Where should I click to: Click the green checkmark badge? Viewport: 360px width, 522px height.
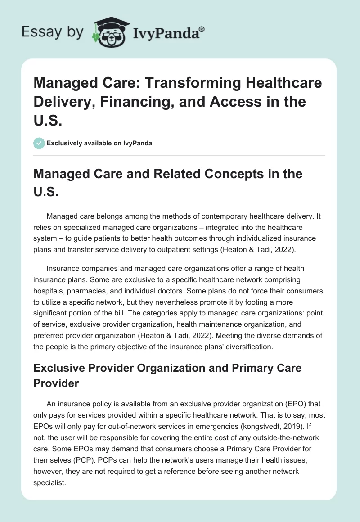tap(39, 143)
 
